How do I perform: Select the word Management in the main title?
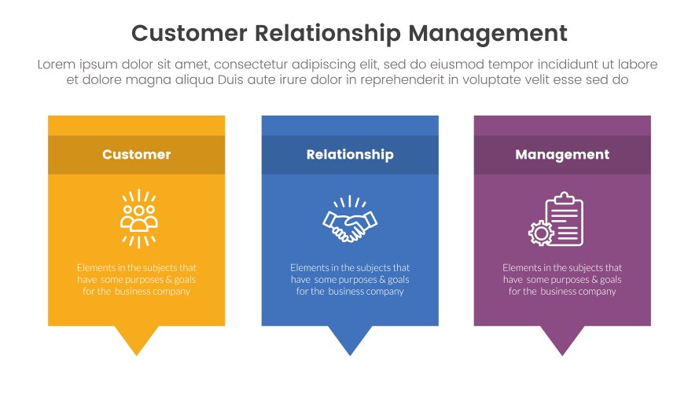(x=488, y=33)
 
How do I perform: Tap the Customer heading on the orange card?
(x=136, y=155)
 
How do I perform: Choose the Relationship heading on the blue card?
(x=350, y=155)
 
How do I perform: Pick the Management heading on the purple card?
(x=562, y=155)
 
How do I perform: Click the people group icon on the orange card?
(x=138, y=218)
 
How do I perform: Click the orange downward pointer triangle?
(x=137, y=340)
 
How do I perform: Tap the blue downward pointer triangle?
(x=350, y=340)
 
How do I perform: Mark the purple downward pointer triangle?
(x=562, y=340)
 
